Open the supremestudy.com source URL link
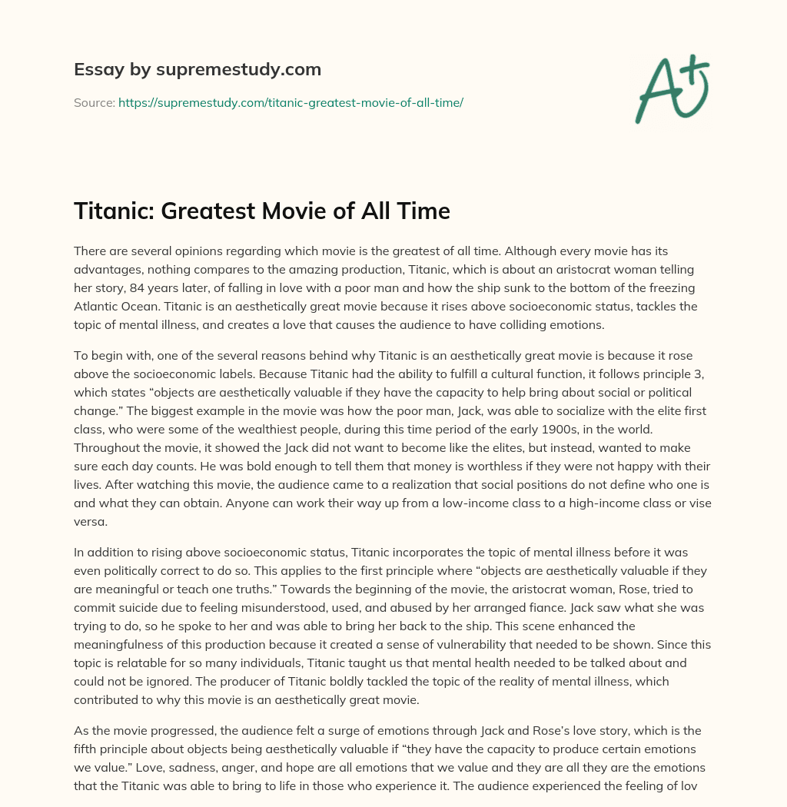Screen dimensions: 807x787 [291, 101]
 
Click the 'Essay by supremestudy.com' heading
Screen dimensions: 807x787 [198, 70]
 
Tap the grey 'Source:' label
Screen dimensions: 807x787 [95, 101]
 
